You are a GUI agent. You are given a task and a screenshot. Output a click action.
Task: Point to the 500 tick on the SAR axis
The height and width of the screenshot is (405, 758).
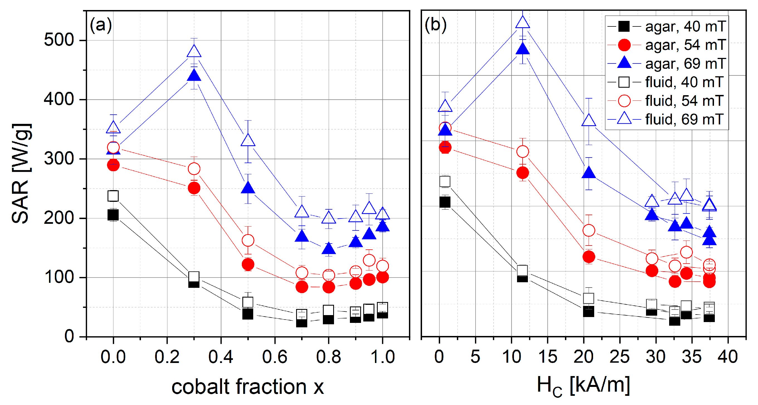(x=59, y=40)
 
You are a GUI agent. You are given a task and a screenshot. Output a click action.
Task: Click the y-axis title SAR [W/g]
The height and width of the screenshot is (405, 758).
(x=21, y=173)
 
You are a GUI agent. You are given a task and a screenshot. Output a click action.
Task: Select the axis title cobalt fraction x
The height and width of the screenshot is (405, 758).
(x=247, y=386)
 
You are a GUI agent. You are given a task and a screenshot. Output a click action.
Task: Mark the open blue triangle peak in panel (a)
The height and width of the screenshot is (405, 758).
(x=194, y=51)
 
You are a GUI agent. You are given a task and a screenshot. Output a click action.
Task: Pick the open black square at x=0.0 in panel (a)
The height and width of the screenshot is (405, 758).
(x=113, y=196)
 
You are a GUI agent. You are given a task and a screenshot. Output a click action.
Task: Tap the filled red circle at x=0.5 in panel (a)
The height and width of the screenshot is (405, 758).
(x=248, y=264)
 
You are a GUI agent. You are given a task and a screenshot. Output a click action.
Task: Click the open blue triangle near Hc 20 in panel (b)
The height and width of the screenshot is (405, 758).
(x=589, y=121)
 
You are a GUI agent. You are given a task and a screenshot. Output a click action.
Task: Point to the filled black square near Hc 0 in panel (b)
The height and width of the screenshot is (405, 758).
(x=445, y=202)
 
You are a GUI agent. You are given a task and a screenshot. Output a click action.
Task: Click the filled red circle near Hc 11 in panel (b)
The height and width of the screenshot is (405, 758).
(x=523, y=173)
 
